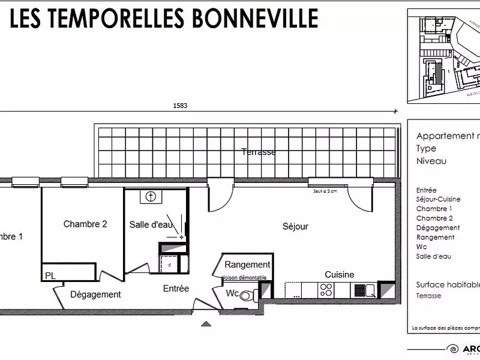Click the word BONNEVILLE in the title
tap(254, 19)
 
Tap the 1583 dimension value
tap(180, 106)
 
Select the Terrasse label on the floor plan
tap(259, 152)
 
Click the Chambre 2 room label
tap(85, 224)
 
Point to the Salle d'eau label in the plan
tap(151, 224)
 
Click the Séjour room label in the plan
tap(295, 226)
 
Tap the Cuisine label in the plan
tap(339, 274)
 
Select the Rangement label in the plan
tap(247, 264)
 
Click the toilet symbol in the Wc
tap(252, 295)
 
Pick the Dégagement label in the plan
tap(95, 295)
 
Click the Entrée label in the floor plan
tap(176, 289)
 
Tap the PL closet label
tap(50, 276)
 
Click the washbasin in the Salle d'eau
tap(151, 196)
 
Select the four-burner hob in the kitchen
tap(326, 290)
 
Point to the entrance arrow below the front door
tap(206, 325)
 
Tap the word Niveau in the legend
tap(431, 161)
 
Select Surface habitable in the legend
tap(448, 284)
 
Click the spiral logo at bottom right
tap(453, 349)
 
